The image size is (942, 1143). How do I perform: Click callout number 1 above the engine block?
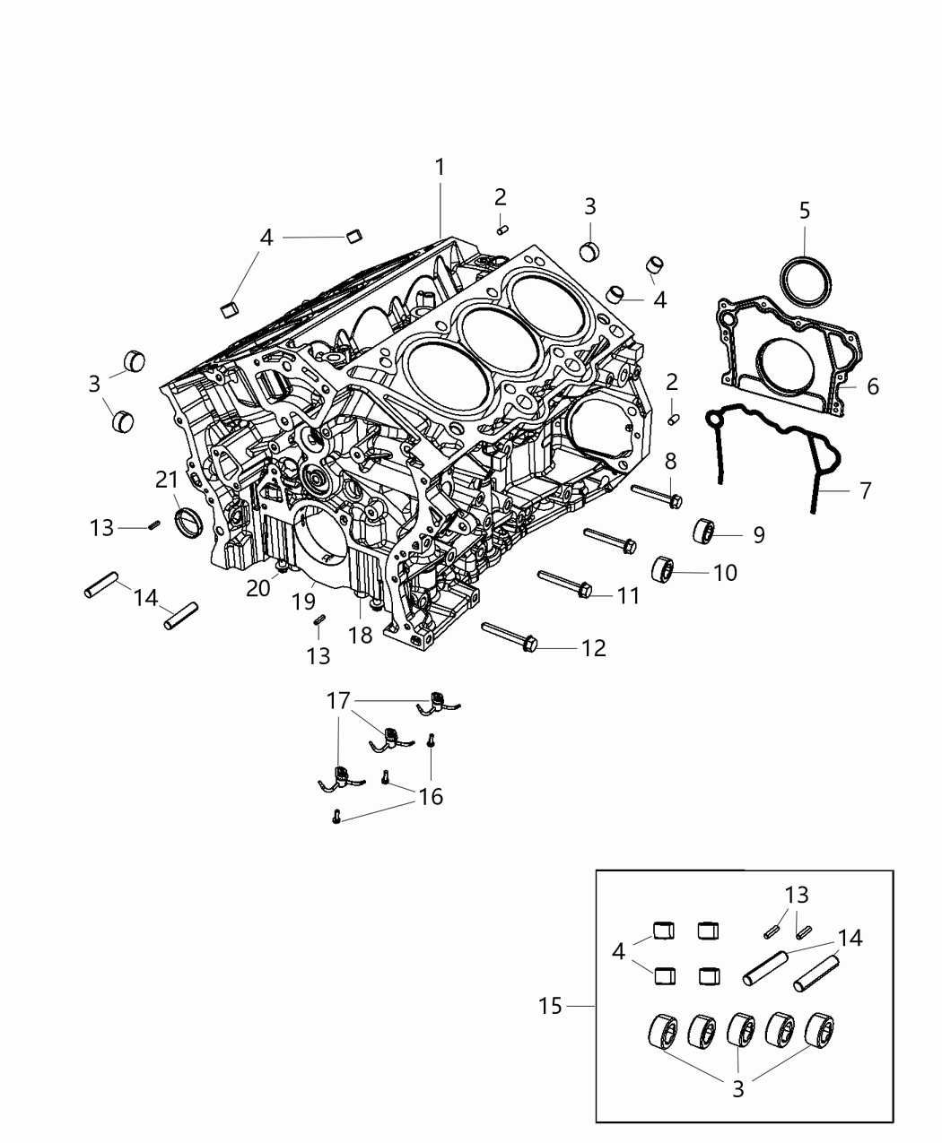click(x=440, y=167)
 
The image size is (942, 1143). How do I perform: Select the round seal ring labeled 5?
click(x=804, y=280)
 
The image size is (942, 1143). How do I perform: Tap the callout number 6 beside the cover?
click(x=872, y=386)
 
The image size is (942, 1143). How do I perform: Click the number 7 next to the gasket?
click(x=865, y=490)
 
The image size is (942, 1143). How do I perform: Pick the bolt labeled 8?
click(x=658, y=495)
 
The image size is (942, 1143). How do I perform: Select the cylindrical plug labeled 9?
click(x=702, y=532)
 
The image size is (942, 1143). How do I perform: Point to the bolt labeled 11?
click(x=563, y=583)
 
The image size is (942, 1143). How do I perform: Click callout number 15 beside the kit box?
click(x=550, y=1006)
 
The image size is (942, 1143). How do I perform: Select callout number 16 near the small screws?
click(x=431, y=796)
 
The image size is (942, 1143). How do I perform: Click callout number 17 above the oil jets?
click(x=338, y=700)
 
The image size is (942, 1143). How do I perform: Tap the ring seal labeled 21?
click(x=189, y=523)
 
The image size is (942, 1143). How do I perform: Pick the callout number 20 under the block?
click(x=258, y=588)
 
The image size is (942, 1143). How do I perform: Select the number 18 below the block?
click(x=360, y=635)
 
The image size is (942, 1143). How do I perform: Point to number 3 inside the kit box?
click(x=737, y=1089)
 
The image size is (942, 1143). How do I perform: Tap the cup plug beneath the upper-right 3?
click(x=589, y=250)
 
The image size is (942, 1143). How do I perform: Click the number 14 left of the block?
click(x=144, y=596)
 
